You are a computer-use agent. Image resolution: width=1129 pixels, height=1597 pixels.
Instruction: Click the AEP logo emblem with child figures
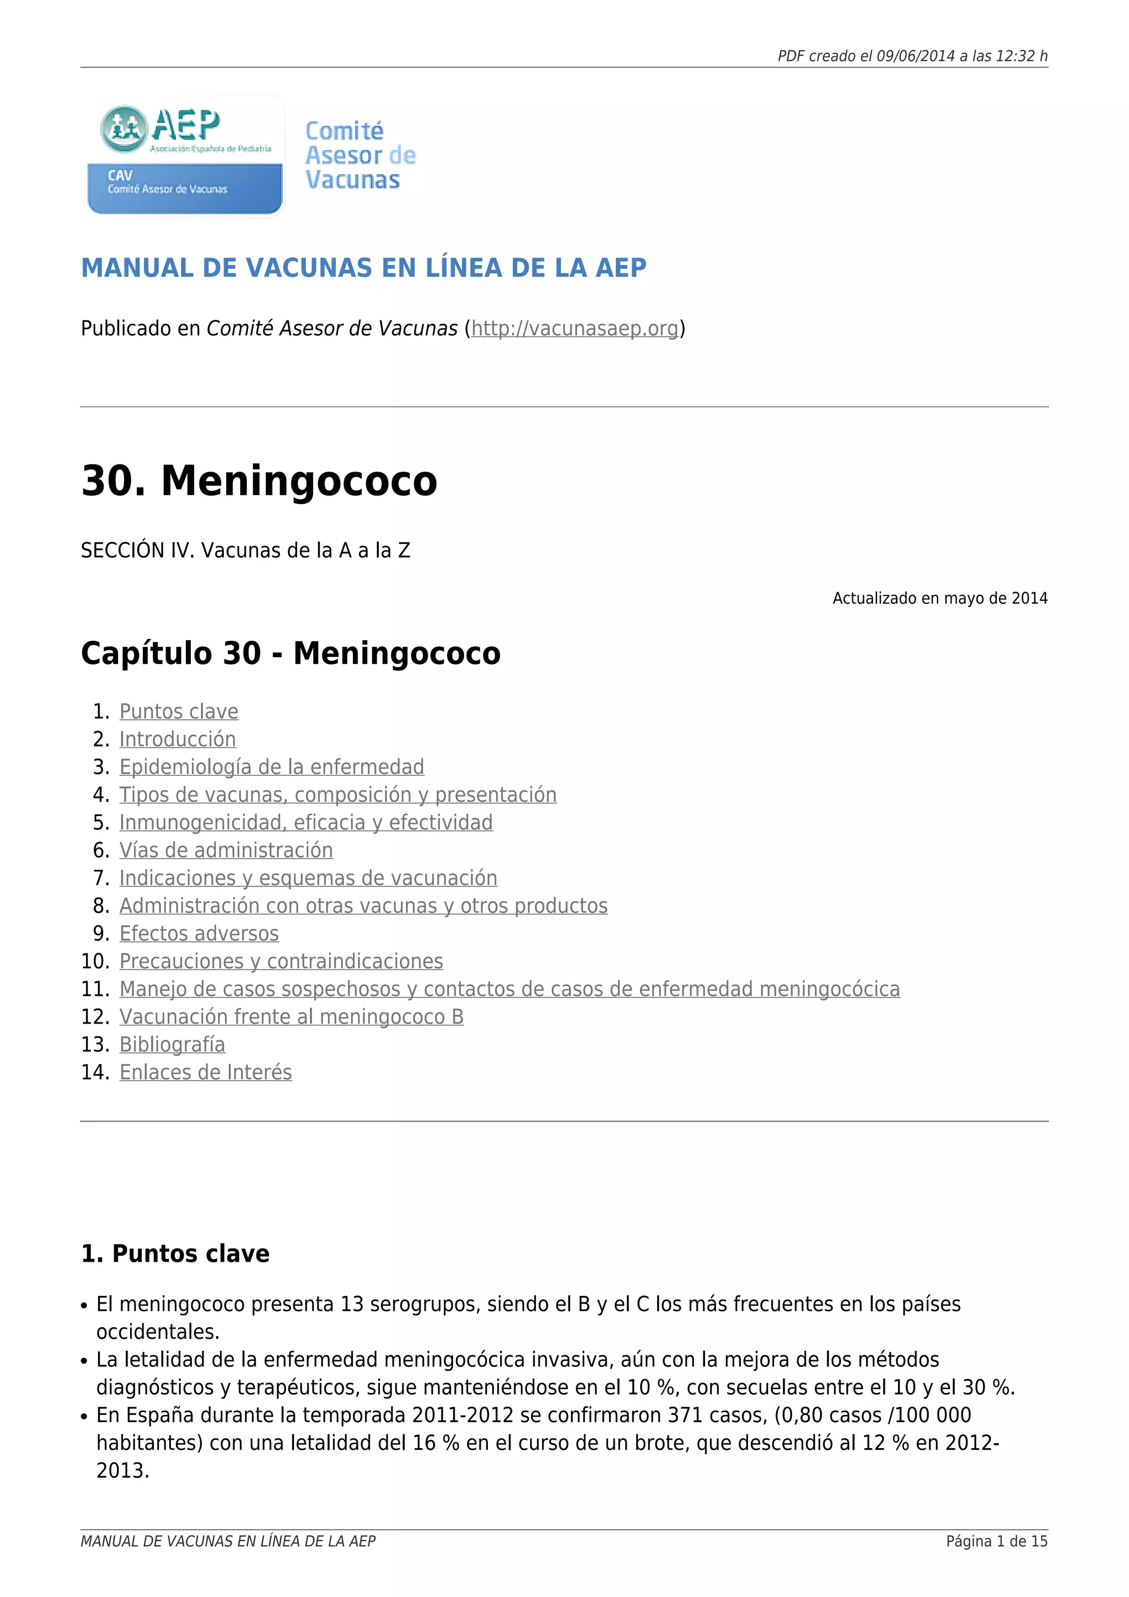click(123, 128)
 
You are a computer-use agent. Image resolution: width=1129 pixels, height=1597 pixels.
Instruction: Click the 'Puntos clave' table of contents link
click(179, 711)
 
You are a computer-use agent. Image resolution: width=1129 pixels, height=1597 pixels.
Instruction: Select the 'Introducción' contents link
click(178, 739)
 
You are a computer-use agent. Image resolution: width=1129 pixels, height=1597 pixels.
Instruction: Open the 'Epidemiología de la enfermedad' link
click(271, 767)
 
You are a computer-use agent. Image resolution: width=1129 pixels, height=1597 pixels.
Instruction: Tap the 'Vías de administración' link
click(226, 851)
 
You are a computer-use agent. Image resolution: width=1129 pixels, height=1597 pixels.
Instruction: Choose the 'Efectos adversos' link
click(199, 934)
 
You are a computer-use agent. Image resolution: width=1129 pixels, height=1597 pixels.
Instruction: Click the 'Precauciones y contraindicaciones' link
click(281, 962)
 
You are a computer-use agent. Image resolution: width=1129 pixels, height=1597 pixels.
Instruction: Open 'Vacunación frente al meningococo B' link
click(291, 1017)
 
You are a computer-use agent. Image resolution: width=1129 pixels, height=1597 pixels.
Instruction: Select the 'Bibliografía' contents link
click(171, 1046)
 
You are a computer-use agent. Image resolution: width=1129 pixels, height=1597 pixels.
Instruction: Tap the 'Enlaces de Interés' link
click(205, 1073)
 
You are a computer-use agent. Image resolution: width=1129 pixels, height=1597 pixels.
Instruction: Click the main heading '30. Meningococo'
click(259, 481)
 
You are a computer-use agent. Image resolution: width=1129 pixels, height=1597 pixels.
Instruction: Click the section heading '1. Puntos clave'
click(175, 1254)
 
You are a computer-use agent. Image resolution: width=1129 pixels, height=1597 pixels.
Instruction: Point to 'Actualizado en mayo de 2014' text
click(939, 599)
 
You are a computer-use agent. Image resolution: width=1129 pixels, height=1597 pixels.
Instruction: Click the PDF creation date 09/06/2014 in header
click(916, 56)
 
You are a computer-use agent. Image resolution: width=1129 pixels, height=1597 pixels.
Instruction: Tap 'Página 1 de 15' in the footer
click(996, 1542)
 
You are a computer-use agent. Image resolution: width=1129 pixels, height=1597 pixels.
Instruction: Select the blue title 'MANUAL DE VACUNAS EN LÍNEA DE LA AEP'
click(364, 269)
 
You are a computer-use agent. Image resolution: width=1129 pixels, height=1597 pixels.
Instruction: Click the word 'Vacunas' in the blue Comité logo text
click(352, 180)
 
